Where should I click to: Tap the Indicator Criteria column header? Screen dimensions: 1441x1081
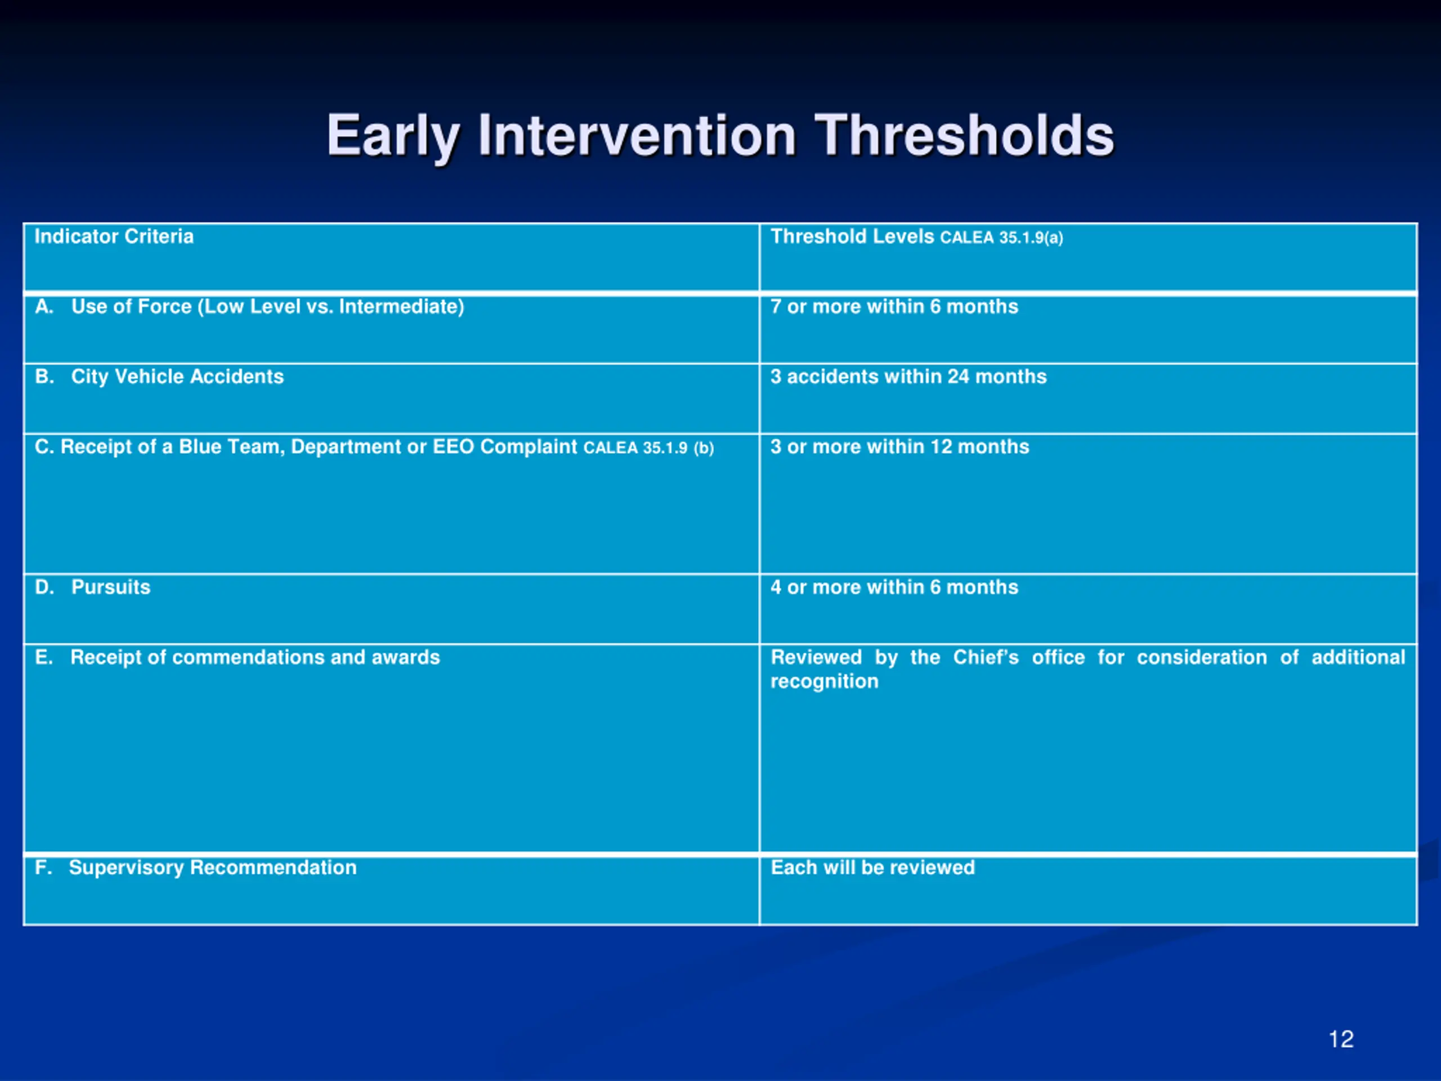[x=114, y=236]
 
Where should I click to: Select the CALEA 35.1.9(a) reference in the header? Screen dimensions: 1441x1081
[x=1001, y=237]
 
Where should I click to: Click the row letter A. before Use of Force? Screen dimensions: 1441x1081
[x=44, y=306]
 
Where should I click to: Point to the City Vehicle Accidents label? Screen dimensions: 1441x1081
[x=177, y=377]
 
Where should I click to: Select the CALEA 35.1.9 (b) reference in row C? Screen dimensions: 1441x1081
[x=649, y=448]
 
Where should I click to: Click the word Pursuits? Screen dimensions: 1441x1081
[x=111, y=587]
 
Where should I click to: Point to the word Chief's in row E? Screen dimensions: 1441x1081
[x=986, y=657]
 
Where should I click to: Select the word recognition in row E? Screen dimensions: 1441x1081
[x=825, y=682]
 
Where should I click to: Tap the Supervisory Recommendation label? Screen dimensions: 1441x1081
[x=213, y=868]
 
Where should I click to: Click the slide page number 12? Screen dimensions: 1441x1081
[x=1341, y=1039]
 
